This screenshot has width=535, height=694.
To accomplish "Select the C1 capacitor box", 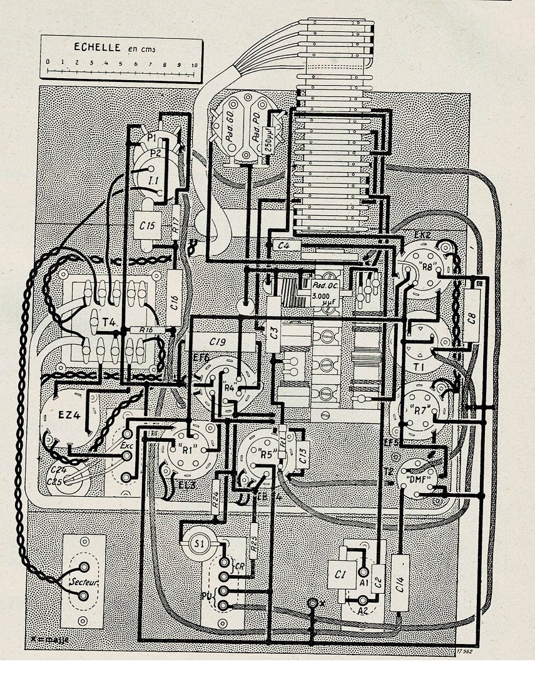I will tap(341, 574).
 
